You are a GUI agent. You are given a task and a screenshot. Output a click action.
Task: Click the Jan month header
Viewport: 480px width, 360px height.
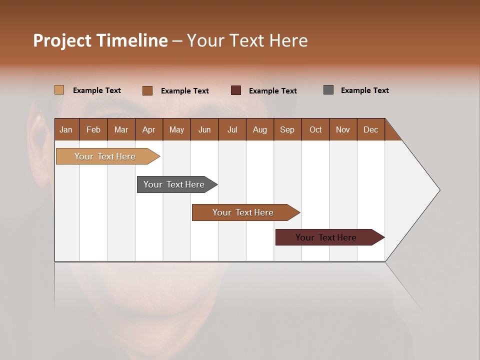coord(66,129)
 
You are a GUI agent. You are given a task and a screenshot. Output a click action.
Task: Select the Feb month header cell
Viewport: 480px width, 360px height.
coord(93,129)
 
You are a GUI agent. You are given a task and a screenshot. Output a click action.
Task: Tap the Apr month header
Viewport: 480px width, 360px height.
coord(149,129)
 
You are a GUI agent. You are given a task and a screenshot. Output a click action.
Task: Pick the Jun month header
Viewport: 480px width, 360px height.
coord(204,129)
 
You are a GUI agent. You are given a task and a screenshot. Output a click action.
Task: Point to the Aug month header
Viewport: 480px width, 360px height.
coord(260,129)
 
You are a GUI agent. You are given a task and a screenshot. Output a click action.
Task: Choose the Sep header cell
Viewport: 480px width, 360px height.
coord(287,129)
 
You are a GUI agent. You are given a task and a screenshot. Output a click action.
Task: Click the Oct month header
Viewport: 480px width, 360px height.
coord(315,129)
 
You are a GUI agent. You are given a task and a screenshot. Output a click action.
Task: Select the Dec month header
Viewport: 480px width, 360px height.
coord(371,129)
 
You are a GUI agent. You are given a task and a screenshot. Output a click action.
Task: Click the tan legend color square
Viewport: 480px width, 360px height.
coord(59,90)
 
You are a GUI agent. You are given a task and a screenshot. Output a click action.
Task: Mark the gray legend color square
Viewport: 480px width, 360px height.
coord(328,90)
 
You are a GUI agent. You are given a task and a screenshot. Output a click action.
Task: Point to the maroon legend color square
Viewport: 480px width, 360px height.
coord(236,90)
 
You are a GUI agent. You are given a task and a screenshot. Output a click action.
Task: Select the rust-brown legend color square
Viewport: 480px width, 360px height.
coord(147,90)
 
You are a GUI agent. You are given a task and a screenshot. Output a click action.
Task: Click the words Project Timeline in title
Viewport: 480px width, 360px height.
coord(100,40)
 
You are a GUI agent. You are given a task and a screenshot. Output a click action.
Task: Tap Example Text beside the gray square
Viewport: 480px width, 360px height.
coord(364,90)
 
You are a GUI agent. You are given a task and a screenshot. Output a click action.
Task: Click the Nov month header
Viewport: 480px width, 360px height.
coord(343,129)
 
